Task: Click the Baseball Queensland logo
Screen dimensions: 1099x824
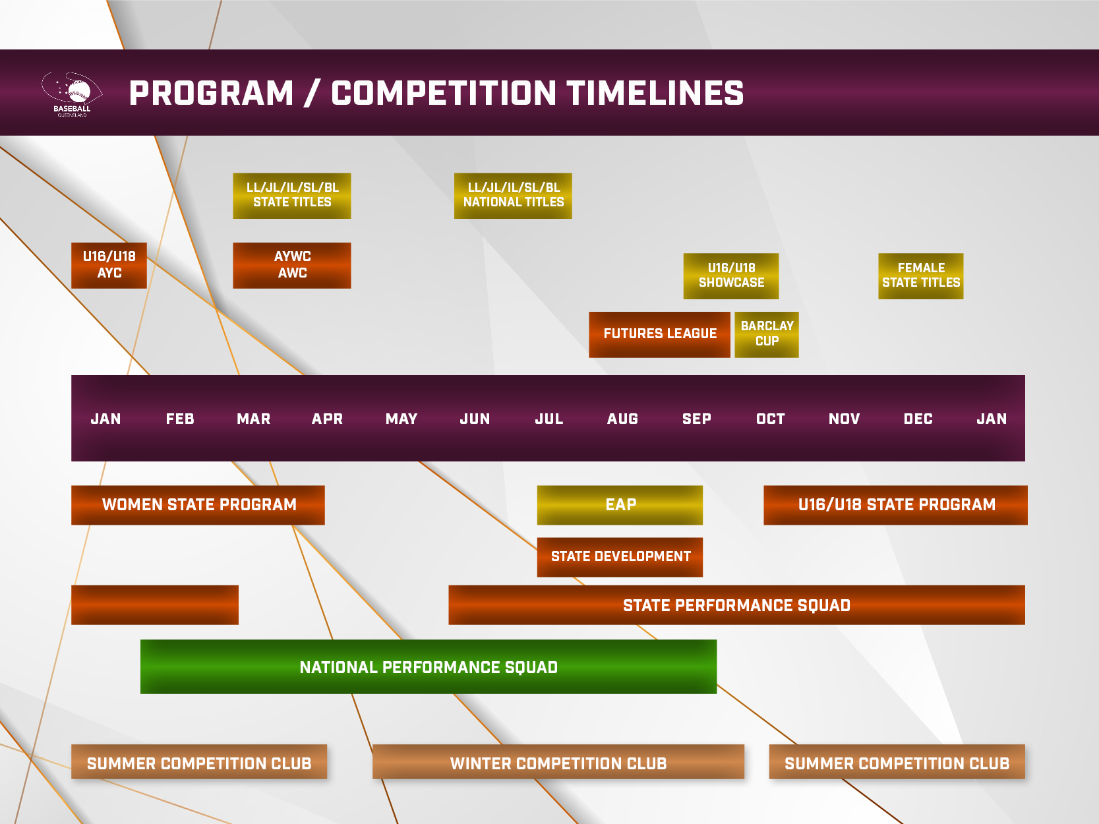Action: coord(72,94)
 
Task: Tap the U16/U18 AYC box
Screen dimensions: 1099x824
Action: coord(109,265)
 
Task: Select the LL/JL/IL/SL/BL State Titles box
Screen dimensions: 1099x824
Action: coord(292,196)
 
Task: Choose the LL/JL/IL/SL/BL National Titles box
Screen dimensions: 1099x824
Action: coord(513,196)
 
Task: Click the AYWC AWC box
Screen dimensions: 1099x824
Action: coord(292,265)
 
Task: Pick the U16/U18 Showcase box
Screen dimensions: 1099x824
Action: coord(731,276)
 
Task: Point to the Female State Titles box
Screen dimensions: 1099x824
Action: coord(921,276)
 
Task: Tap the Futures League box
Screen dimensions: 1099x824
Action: coord(659,334)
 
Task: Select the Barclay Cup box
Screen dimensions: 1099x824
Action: coord(767,334)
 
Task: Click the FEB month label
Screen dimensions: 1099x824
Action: coord(180,419)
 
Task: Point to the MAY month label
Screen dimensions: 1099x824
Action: coord(401,419)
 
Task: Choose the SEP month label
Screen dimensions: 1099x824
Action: coord(696,419)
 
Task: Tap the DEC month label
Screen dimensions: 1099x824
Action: coord(918,419)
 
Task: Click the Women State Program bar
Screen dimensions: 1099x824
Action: coord(198,505)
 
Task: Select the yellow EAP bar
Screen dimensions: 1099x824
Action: coord(620,505)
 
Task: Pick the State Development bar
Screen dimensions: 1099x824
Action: coord(620,557)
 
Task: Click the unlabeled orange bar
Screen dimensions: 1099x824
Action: coord(155,604)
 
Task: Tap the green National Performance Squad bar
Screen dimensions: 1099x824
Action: coord(429,667)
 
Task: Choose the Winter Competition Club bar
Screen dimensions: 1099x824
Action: coord(558,762)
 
